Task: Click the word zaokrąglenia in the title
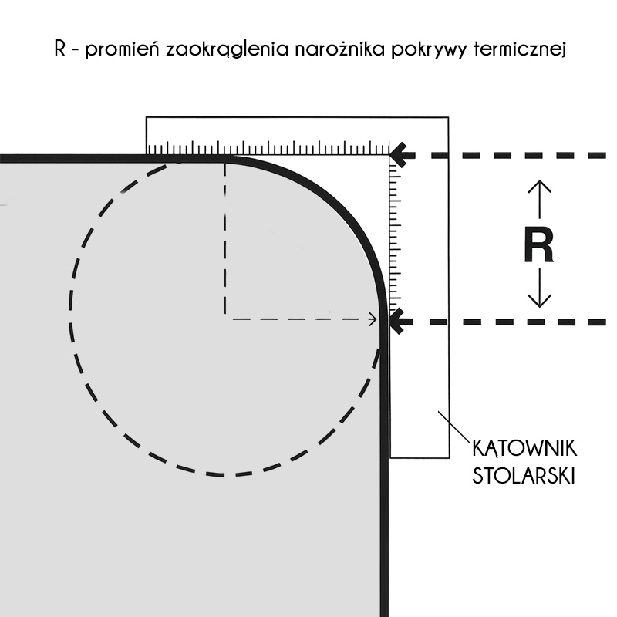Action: point(227,50)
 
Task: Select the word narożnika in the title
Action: point(339,49)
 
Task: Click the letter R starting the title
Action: point(60,49)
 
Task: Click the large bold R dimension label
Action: point(539,246)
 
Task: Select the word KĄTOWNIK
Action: point(524,448)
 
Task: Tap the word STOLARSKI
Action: point(524,475)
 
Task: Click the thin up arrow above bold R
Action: point(539,199)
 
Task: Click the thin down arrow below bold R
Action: point(539,288)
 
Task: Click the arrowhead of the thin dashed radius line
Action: point(373,319)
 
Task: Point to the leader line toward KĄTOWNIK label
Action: point(454,427)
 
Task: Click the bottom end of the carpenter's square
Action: point(420,457)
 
